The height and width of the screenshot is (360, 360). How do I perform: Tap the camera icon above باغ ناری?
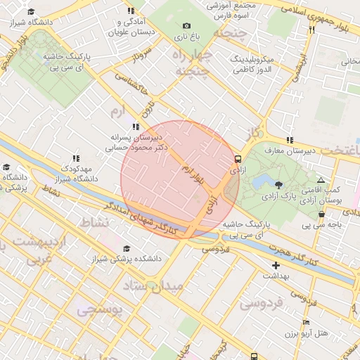[186, 25]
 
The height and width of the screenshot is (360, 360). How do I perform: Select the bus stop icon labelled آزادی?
[238, 160]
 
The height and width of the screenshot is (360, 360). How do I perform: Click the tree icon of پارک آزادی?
[279, 185]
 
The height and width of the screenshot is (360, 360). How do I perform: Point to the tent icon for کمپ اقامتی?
[321, 180]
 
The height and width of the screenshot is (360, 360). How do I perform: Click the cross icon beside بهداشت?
[276, 266]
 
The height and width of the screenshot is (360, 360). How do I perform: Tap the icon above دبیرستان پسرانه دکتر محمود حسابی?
[136, 127]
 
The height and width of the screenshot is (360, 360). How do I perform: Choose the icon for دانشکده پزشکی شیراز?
[127, 249]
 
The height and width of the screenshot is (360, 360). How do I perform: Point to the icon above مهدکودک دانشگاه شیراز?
[77, 159]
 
